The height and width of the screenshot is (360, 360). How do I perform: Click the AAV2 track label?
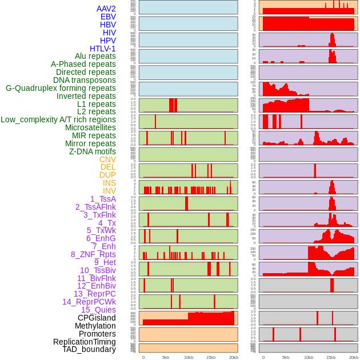[x=106, y=9]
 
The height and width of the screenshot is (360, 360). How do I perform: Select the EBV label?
[x=108, y=17]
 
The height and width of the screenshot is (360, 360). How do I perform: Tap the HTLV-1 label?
[x=103, y=49]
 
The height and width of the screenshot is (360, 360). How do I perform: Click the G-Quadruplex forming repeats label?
[x=61, y=88]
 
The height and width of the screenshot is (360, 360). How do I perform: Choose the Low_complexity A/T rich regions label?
[x=58, y=119]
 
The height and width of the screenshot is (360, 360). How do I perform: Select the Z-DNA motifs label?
[x=93, y=151]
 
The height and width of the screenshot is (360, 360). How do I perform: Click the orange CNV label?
[x=107, y=159]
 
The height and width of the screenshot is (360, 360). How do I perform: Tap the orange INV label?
[x=109, y=191]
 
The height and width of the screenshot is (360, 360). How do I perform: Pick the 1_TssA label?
[x=103, y=199]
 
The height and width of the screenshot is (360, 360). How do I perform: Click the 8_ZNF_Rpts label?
[x=93, y=254]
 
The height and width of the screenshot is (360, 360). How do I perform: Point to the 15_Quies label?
[x=98, y=310]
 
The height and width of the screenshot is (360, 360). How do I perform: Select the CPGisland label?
[x=97, y=318]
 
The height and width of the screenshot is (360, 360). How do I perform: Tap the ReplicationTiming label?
[x=85, y=342]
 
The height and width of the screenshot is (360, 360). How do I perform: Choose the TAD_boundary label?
[x=89, y=349]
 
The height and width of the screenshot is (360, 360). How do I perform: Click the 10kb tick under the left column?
[x=188, y=357]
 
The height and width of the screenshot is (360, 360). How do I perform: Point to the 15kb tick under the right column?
[x=331, y=357]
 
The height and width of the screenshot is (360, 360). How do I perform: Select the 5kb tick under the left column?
[x=166, y=357]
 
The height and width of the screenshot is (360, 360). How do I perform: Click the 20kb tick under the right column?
[x=353, y=357]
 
